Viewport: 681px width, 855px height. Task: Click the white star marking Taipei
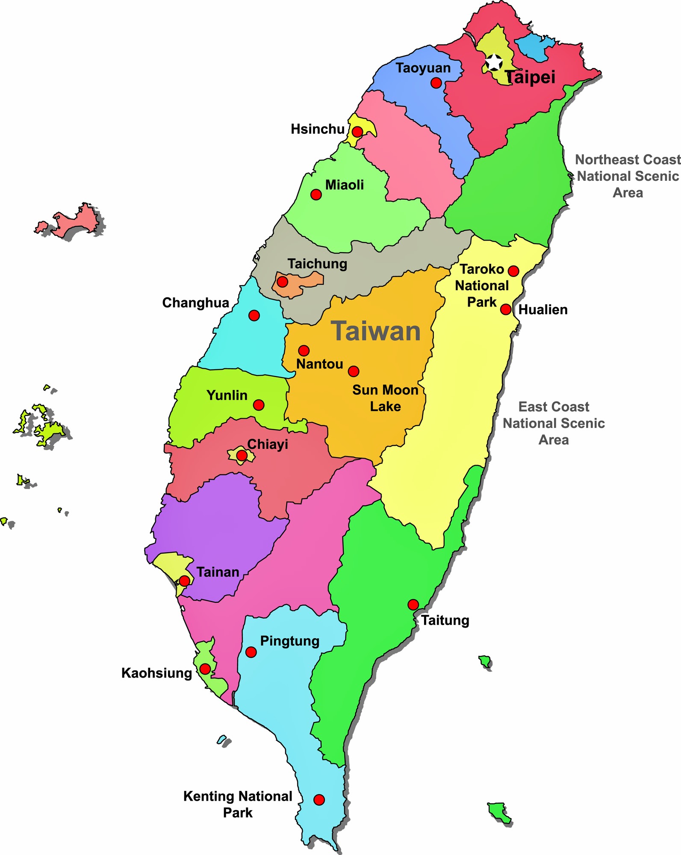pos(494,62)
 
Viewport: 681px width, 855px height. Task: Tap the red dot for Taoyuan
pos(436,83)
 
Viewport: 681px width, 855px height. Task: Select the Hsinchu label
pos(318,129)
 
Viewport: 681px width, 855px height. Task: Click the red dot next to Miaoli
pos(316,195)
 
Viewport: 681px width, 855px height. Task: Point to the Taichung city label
pos(317,264)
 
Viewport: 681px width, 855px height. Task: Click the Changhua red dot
pos(254,315)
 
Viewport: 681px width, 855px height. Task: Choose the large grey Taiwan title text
pos(376,331)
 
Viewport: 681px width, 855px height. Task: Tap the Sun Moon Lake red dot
pos(354,371)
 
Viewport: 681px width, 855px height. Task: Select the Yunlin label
pos(227,395)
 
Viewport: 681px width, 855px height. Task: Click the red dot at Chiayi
pos(242,456)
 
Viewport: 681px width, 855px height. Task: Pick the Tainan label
pos(218,572)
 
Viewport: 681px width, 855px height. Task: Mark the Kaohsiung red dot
pos(205,669)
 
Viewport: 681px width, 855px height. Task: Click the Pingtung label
pos(290,641)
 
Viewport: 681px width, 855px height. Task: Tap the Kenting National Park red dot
pos(319,799)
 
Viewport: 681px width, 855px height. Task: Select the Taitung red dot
pos(413,604)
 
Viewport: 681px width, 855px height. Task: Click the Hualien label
pos(543,310)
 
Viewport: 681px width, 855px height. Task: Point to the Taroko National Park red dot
pos(513,271)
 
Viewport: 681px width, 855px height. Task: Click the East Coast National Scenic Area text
pos(554,423)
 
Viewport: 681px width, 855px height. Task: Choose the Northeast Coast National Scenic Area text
pos(628,176)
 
